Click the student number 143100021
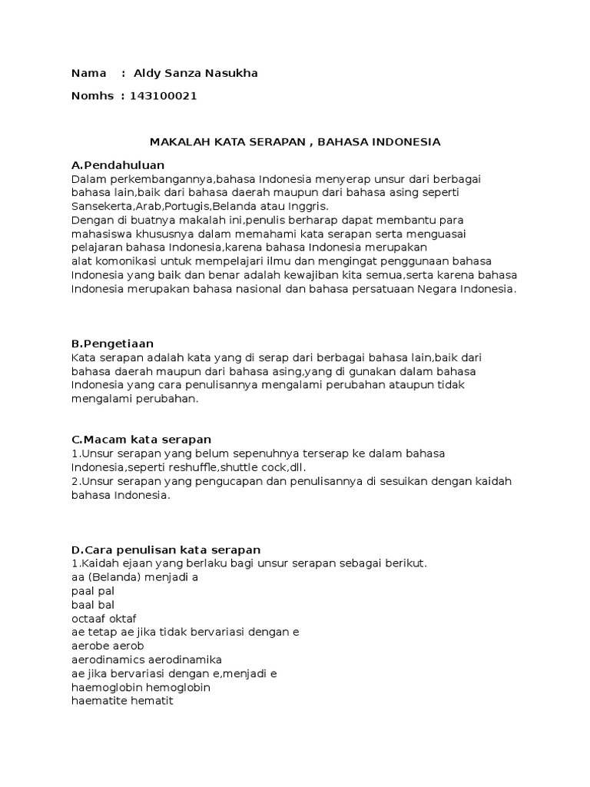pos(163,95)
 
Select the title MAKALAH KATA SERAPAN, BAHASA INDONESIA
pos(295,142)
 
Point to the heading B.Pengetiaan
pos(113,344)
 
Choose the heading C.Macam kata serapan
pos(141,439)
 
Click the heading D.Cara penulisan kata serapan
pos(166,550)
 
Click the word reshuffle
pos(186,467)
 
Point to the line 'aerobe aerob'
pos(108,646)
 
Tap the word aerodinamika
pos(187,659)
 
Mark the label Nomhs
pos(91,95)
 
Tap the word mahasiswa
pos(98,234)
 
